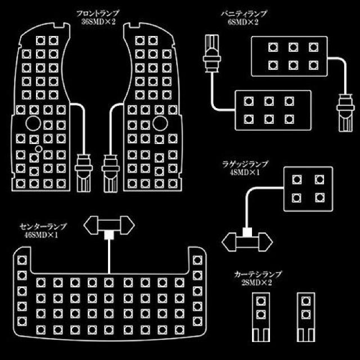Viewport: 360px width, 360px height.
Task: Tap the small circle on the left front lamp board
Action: click(39, 147)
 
